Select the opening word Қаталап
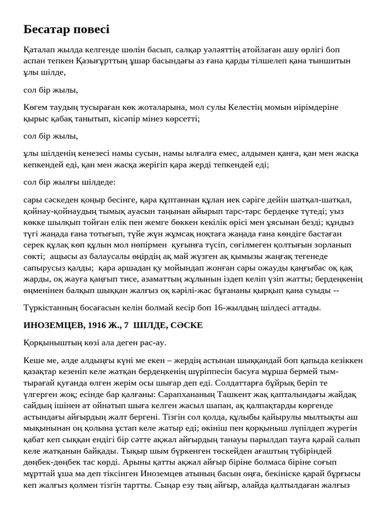click(40, 49)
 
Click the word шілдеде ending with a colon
click(98, 182)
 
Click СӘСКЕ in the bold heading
click(187, 326)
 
